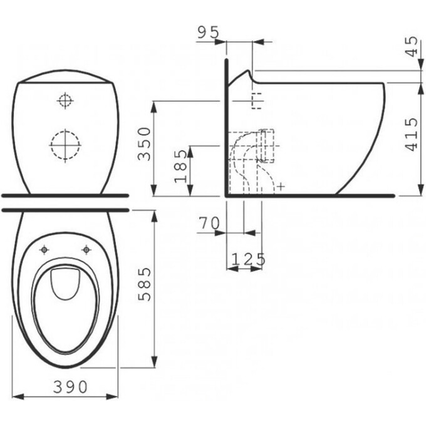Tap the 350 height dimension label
point(145,143)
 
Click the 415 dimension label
point(412,134)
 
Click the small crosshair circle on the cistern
point(65,100)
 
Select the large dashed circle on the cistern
point(65,145)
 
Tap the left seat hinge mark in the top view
point(44,249)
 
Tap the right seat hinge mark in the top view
point(85,249)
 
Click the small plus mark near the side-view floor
point(281,186)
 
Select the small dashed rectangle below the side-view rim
point(256,100)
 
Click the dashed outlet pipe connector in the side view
point(267,145)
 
